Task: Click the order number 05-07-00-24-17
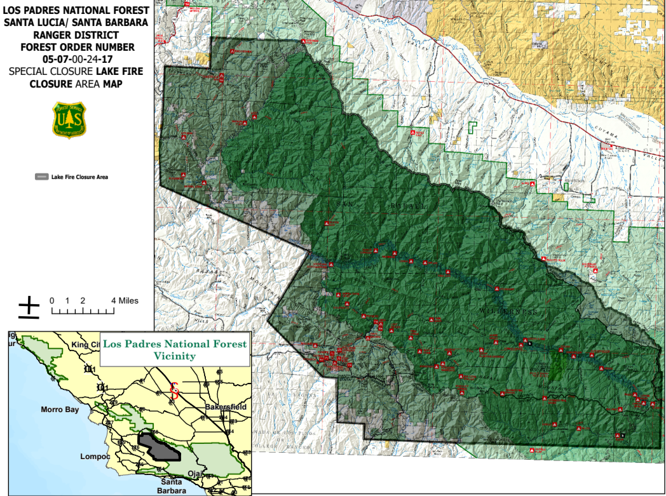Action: click(x=77, y=59)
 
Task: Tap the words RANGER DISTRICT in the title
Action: click(x=77, y=35)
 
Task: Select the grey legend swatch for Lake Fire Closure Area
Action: click(x=41, y=177)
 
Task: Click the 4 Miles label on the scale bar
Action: click(x=124, y=300)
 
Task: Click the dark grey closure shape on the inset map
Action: click(x=159, y=447)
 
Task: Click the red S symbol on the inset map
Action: click(x=173, y=389)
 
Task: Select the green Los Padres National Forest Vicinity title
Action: click(x=174, y=350)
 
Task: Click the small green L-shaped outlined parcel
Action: click(x=472, y=126)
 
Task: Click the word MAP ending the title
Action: click(x=111, y=83)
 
